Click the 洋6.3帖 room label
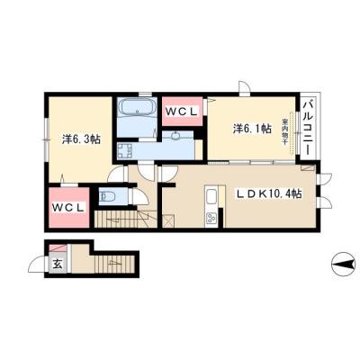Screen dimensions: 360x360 pyautogui.click(x=81, y=139)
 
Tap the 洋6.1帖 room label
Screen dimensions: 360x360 pyautogui.click(x=253, y=129)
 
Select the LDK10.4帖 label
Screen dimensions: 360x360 pyautogui.click(x=269, y=194)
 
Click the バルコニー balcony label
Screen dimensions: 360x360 pyautogui.click(x=308, y=128)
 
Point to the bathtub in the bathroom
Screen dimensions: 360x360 pyautogui.click(x=137, y=108)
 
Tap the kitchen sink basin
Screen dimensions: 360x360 pyautogui.click(x=211, y=197)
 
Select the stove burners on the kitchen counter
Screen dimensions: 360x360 pyautogui.click(x=211, y=218)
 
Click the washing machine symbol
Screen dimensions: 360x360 pyautogui.click(x=124, y=151)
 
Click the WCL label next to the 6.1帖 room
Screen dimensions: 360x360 pyautogui.click(x=182, y=112)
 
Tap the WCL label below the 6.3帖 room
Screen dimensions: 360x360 pyautogui.click(x=68, y=207)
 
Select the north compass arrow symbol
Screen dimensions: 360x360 pyautogui.click(x=343, y=264)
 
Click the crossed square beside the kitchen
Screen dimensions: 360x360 pyautogui.click(x=168, y=221)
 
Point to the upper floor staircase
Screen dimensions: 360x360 pyautogui.click(x=126, y=219)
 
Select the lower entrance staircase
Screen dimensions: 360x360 pyautogui.click(x=114, y=264)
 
